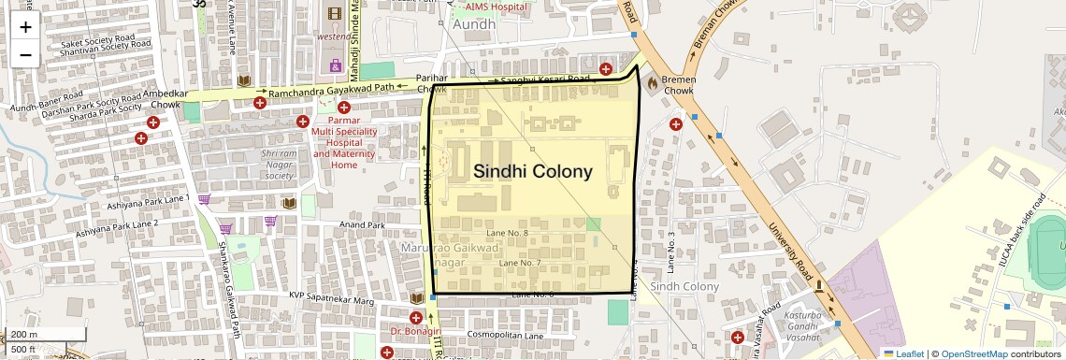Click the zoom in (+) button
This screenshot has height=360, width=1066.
tap(25, 26)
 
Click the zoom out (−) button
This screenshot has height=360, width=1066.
tap(25, 54)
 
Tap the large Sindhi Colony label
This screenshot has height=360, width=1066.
tap(532, 171)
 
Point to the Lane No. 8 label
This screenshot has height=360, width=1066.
tap(509, 232)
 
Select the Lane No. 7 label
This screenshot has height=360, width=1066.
tap(521, 265)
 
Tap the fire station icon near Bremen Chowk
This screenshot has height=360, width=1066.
tap(652, 82)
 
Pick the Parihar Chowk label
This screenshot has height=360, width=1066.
tap(432, 82)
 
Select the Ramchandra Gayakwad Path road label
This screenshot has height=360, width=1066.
tap(330, 92)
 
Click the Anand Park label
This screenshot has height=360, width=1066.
tap(363, 225)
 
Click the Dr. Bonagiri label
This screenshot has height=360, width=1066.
tap(415, 331)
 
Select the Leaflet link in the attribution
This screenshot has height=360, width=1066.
tap(903, 353)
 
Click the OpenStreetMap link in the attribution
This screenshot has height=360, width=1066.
tap(973, 353)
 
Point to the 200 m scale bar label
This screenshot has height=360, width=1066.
tap(24, 335)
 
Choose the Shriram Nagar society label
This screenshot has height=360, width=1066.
tap(279, 164)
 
